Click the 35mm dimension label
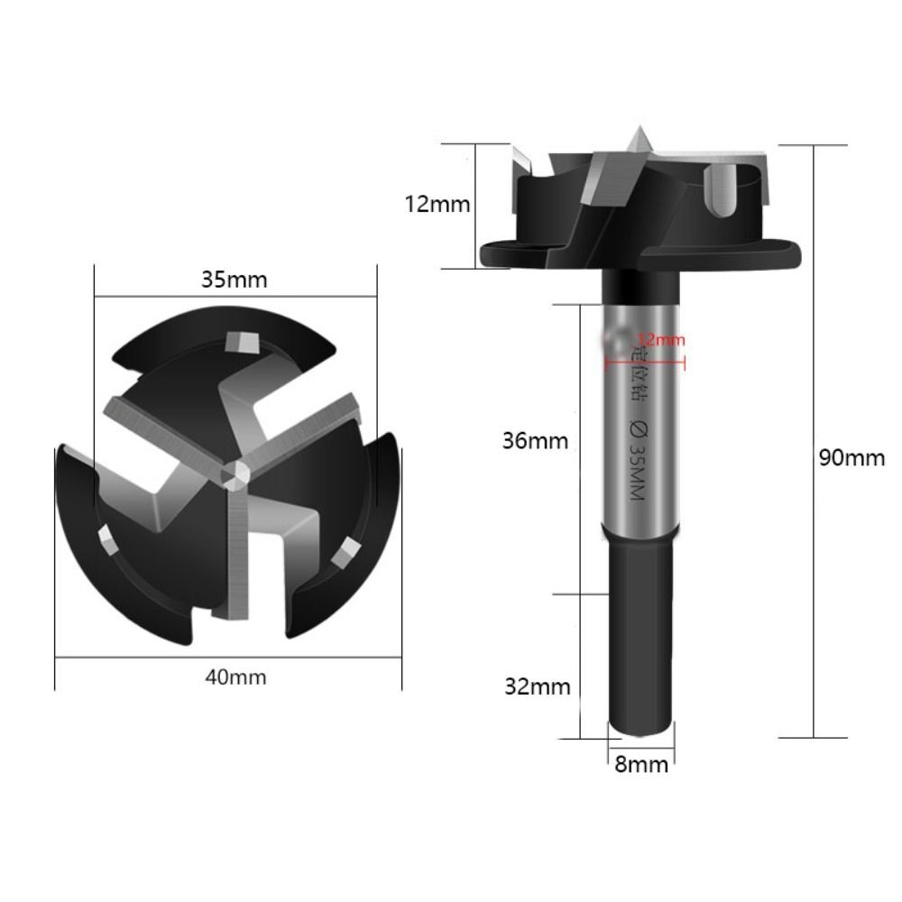pos(234,279)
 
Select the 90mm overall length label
pos(852,457)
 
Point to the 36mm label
pos(536,441)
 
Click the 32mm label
pos(538,686)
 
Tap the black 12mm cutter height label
pos(437,204)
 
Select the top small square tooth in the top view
pos(243,342)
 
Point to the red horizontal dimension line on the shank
pos(644,364)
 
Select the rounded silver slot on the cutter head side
pos(724,189)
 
